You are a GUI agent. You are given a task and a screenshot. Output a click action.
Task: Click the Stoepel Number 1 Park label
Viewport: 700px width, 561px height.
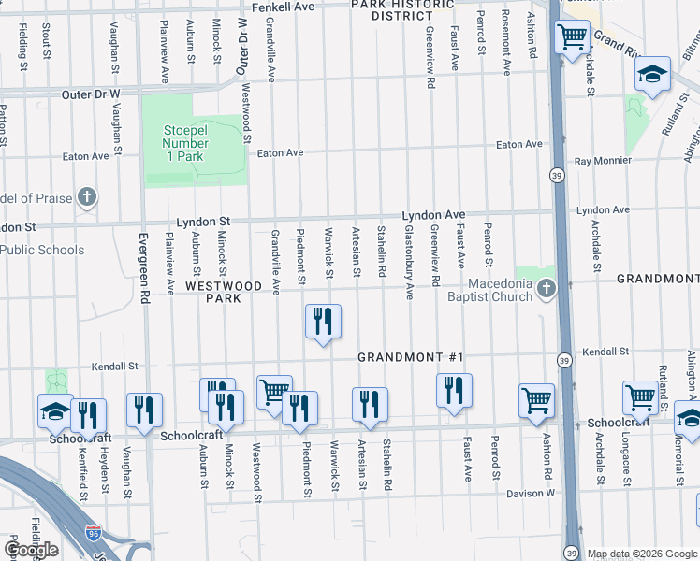tap(184, 144)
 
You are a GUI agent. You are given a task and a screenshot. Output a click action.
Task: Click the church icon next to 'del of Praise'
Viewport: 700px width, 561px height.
tap(87, 197)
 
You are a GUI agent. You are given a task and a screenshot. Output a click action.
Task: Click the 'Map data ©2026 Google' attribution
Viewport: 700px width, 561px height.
tap(642, 554)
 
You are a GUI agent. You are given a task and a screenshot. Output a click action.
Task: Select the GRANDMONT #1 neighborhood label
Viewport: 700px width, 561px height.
tap(412, 358)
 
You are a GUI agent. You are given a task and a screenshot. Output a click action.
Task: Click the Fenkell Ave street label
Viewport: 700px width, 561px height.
tap(280, 6)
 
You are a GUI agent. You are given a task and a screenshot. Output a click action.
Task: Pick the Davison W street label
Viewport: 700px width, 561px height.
tap(531, 493)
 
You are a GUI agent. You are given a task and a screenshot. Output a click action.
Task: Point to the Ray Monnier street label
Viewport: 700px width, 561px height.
tap(603, 161)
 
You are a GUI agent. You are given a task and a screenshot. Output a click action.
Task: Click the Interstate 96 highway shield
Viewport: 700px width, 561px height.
tap(93, 533)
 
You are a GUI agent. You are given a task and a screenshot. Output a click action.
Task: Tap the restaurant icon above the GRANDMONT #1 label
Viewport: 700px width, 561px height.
tap(323, 322)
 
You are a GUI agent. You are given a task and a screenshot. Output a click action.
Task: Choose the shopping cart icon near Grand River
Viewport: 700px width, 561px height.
tap(572, 37)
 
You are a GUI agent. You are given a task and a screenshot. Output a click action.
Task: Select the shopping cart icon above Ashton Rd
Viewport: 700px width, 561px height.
tap(537, 399)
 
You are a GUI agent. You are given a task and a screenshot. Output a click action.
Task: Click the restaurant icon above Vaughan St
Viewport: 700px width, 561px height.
tap(145, 410)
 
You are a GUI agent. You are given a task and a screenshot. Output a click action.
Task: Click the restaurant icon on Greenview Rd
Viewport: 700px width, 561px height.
tap(454, 391)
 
